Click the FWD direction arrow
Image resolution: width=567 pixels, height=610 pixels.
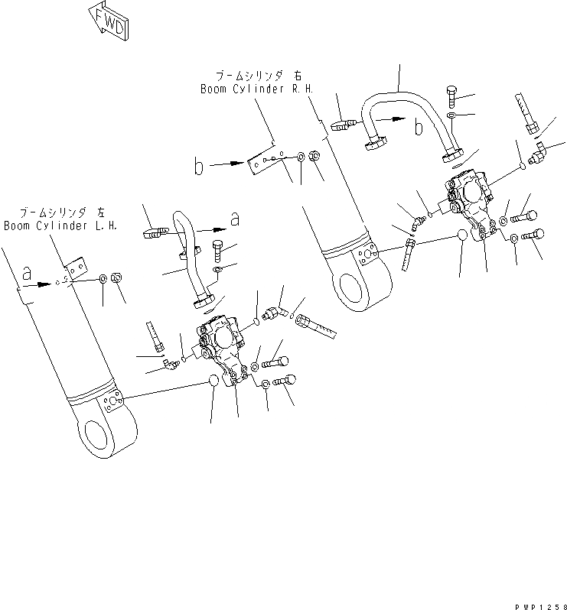coord(109,20)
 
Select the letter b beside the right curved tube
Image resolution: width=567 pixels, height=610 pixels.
coord(419,127)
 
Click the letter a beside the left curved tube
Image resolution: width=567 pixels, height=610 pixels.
coord(235,219)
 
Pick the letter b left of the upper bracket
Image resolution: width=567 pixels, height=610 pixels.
coord(199,166)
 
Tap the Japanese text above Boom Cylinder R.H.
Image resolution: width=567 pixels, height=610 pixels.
coord(248,76)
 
